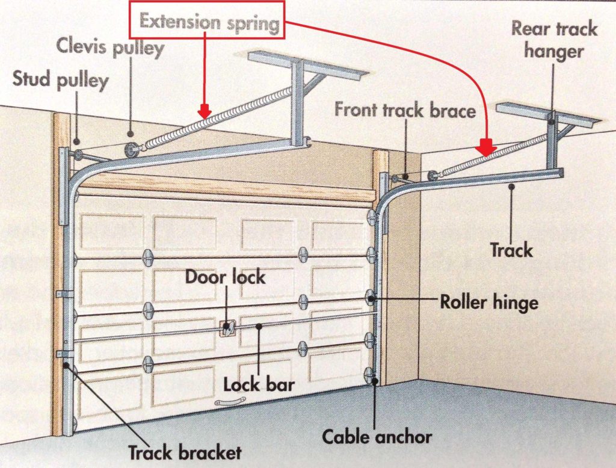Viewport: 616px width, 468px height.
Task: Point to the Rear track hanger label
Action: (554, 40)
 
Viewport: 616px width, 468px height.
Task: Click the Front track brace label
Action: (405, 110)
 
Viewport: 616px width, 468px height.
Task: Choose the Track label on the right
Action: (511, 249)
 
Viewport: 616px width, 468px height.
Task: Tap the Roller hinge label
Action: (488, 302)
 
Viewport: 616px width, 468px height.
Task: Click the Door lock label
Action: (225, 277)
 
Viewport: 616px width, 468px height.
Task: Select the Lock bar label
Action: (259, 384)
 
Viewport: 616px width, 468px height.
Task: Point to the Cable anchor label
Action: (377, 436)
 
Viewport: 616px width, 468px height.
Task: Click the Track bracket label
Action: (185, 452)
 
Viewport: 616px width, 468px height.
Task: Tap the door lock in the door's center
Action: (227, 328)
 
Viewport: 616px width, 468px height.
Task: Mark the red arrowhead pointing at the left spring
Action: (205, 111)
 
